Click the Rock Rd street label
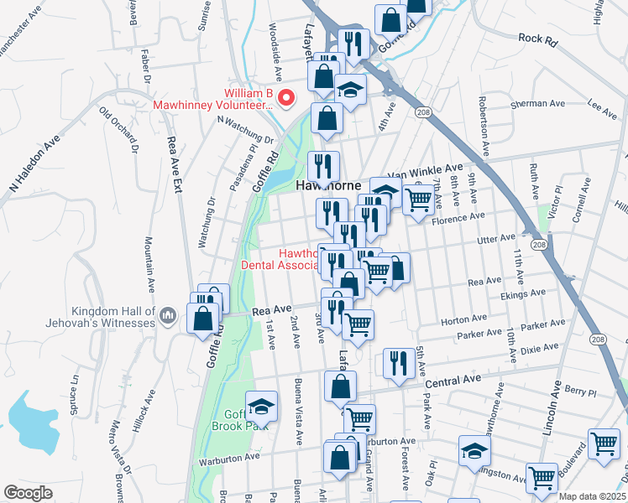point(538,38)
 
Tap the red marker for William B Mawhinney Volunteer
point(286,98)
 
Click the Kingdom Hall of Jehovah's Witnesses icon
point(167,314)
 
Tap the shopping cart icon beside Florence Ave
point(418,200)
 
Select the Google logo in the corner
point(29,493)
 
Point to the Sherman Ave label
point(538,105)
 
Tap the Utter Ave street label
point(495,238)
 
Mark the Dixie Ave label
point(539,349)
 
